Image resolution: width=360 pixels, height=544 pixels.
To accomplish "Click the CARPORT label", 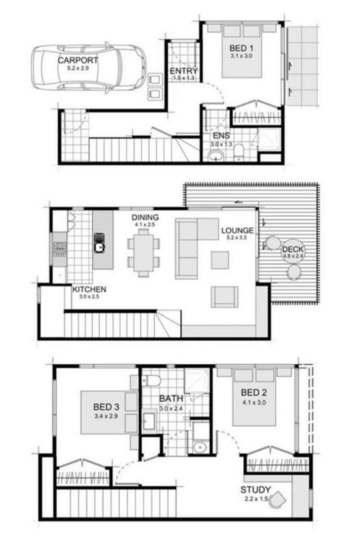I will pos(78,61).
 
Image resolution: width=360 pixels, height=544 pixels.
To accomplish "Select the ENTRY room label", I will pos(184,72).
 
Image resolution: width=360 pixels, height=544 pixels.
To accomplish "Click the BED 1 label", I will pos(241,48).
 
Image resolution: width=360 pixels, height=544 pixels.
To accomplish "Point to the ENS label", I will pos(221,136).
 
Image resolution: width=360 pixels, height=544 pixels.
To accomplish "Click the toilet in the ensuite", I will pos(239,153).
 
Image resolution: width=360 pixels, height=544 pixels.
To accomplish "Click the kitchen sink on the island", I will pos(99,247).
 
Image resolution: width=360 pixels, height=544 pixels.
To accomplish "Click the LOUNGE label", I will pos(237,230).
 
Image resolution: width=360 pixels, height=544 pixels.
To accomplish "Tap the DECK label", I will pos(293,249).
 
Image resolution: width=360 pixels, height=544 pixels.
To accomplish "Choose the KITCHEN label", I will pos(89,290).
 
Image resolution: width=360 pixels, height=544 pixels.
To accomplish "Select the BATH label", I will pos(171,398).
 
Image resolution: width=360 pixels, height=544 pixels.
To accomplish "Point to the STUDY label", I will pos(256,490).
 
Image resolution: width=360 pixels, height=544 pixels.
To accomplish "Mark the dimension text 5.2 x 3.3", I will pos(237,237).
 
